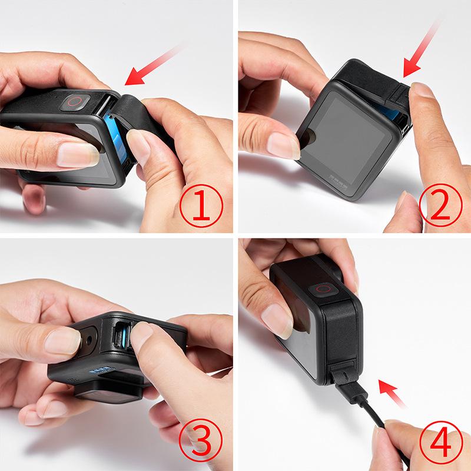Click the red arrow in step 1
pos(150,69)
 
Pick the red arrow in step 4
pos(391,392)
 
